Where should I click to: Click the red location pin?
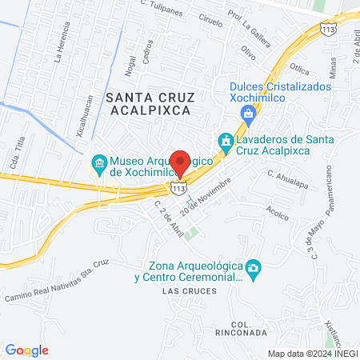pyautogui.click(x=181, y=162)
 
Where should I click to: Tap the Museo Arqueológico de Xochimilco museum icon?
pyautogui.click(x=99, y=166)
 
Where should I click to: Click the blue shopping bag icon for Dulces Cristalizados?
pyautogui.click(x=248, y=113)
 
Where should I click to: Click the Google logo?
pyautogui.click(x=27, y=350)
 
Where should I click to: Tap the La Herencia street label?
pyautogui.click(x=58, y=46)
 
